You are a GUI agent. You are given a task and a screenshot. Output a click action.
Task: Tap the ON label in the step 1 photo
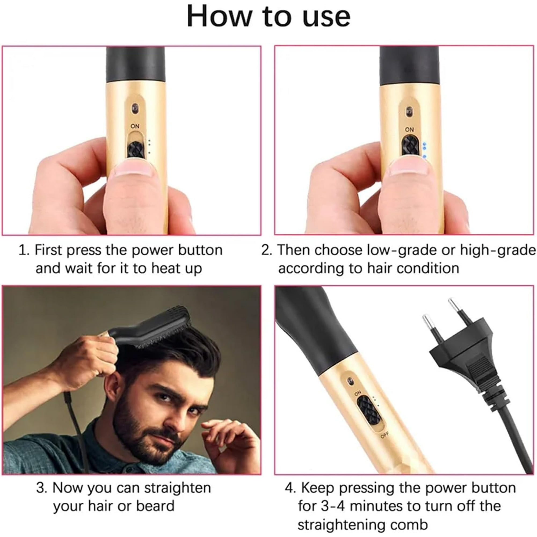135,126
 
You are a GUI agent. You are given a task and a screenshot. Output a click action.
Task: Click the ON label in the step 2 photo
409,129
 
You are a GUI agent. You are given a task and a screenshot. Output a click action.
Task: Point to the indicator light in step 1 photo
135,107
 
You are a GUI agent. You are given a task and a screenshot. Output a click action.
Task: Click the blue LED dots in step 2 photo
424,150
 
